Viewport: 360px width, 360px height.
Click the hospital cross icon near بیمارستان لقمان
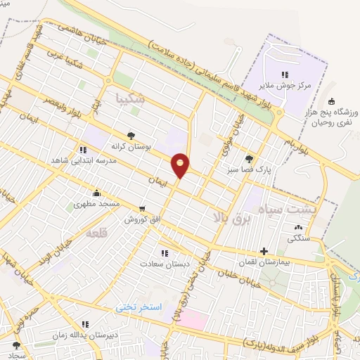pos(264,250)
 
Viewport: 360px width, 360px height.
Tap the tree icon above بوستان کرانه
pos(131,136)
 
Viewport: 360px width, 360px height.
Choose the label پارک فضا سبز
pos(248,169)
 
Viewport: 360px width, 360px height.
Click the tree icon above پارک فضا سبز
pos(248,159)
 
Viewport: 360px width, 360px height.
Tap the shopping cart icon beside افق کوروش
pos(143,209)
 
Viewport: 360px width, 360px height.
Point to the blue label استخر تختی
pos(139,308)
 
